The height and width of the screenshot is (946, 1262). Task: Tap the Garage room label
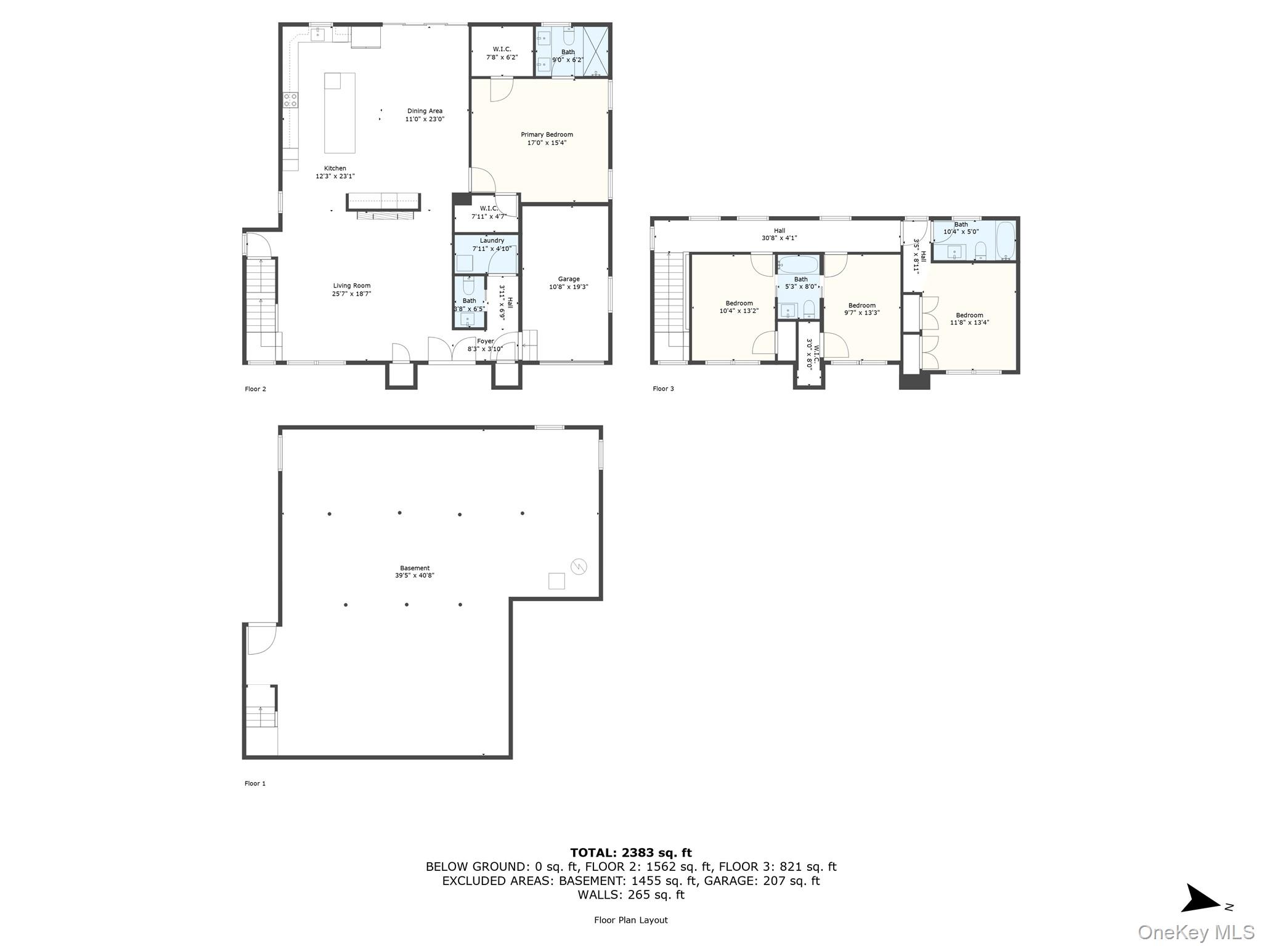click(569, 279)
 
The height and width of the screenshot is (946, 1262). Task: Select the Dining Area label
click(425, 111)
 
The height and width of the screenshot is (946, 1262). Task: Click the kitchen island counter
click(340, 113)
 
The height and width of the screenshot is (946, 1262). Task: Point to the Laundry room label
click(492, 240)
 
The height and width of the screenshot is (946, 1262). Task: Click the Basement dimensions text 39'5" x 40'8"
click(415, 575)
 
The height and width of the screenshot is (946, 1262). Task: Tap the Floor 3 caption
click(664, 389)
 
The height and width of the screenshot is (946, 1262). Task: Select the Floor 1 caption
click(255, 783)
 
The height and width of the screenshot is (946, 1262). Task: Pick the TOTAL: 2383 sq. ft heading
click(631, 853)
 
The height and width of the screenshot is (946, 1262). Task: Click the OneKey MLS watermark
click(1196, 932)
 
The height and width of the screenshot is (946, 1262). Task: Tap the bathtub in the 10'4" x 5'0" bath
click(1005, 240)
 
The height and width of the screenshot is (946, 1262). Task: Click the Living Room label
click(352, 286)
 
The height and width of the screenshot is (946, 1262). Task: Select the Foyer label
click(485, 341)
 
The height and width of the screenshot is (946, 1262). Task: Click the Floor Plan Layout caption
click(631, 920)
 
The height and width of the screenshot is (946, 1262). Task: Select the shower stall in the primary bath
click(595, 51)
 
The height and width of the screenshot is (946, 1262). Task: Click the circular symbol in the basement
click(579, 567)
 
